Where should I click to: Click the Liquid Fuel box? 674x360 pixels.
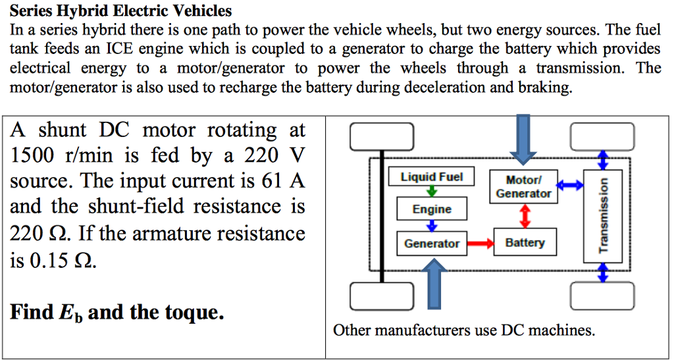click(432, 177)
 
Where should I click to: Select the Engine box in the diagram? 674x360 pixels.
click(432, 209)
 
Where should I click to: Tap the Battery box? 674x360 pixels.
click(525, 243)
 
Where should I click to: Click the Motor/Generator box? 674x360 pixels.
click(524, 187)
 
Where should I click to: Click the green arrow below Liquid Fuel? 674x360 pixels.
click(432, 192)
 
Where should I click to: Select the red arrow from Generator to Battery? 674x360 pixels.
click(480, 244)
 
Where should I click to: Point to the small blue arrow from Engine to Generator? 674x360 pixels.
click(432, 225)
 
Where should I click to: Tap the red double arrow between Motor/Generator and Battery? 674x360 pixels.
click(525, 215)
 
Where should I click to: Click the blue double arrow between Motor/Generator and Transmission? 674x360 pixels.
click(571, 187)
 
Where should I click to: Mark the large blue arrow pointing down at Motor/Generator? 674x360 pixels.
click(525, 138)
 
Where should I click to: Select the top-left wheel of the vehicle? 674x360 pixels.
click(382, 137)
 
